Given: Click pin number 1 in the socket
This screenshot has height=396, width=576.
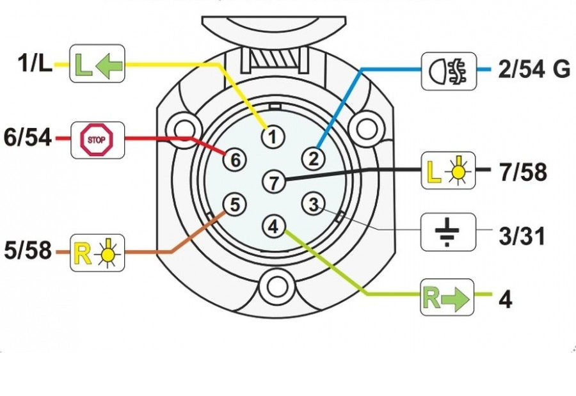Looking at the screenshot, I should point(273,136).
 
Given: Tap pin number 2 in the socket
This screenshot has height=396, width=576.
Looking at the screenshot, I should point(314,157).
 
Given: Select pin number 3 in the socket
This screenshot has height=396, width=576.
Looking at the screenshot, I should point(313,205).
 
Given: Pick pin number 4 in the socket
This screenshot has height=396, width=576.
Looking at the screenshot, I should point(273,225).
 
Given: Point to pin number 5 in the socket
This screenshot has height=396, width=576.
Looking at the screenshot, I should point(234,205).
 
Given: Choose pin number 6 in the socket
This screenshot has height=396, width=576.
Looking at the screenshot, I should point(234,160).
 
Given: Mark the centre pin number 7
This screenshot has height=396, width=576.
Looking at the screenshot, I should point(274,183).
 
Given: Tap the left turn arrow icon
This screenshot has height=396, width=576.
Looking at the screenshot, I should point(97,64).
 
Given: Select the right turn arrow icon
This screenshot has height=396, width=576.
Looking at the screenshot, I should point(447,298).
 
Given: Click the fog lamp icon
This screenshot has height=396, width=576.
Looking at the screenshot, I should point(449,70).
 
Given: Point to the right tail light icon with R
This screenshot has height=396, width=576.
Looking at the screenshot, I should point(97,252).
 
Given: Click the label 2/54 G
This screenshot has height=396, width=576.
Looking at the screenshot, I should point(534,70).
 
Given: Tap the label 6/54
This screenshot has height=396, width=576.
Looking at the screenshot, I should point(28,138).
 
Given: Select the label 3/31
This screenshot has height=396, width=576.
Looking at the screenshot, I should point(521,236).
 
